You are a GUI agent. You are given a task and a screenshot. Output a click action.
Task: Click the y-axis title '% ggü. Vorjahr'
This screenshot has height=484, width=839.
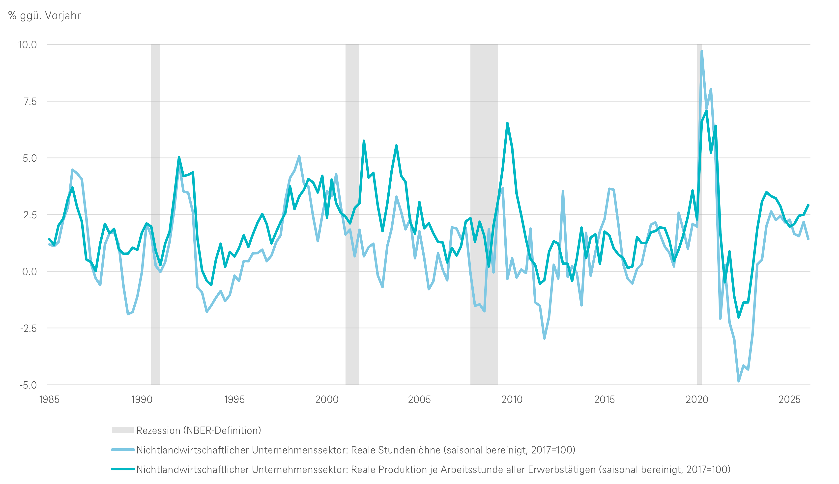click(44, 16)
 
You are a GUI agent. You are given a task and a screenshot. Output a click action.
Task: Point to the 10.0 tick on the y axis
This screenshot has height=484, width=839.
click(28, 45)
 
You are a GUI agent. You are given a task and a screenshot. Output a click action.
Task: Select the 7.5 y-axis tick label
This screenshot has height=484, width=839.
click(30, 102)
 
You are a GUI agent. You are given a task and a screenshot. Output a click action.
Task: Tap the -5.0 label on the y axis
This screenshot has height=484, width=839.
click(28, 385)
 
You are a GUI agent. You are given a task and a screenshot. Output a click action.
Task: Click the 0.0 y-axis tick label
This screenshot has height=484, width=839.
click(30, 272)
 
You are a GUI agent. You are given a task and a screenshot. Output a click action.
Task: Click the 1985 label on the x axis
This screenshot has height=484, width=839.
click(49, 399)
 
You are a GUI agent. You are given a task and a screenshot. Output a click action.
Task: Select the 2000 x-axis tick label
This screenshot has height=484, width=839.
click(327, 399)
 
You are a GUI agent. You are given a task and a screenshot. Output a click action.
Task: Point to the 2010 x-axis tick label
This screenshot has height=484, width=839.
click(512, 399)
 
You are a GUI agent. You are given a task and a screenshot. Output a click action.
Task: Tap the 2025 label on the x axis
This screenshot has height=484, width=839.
click(789, 399)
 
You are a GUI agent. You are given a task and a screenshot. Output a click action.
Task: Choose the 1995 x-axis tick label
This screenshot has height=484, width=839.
click(234, 399)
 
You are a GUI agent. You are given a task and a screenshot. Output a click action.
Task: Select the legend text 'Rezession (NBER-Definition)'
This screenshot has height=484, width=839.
click(199, 431)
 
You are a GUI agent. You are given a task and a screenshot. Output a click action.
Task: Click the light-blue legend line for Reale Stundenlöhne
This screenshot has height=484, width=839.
click(123, 450)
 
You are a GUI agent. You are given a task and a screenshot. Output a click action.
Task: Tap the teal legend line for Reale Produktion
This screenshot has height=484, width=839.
click(123, 469)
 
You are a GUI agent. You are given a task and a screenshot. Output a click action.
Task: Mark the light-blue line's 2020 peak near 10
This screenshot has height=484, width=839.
click(701, 51)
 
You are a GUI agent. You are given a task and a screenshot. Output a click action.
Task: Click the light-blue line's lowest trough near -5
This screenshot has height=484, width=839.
click(738, 381)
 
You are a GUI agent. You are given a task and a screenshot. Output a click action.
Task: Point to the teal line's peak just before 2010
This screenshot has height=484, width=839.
click(507, 123)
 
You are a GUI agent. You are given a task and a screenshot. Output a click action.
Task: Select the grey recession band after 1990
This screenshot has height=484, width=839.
click(156, 215)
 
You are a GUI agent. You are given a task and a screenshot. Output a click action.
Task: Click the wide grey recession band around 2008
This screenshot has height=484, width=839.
click(484, 215)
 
